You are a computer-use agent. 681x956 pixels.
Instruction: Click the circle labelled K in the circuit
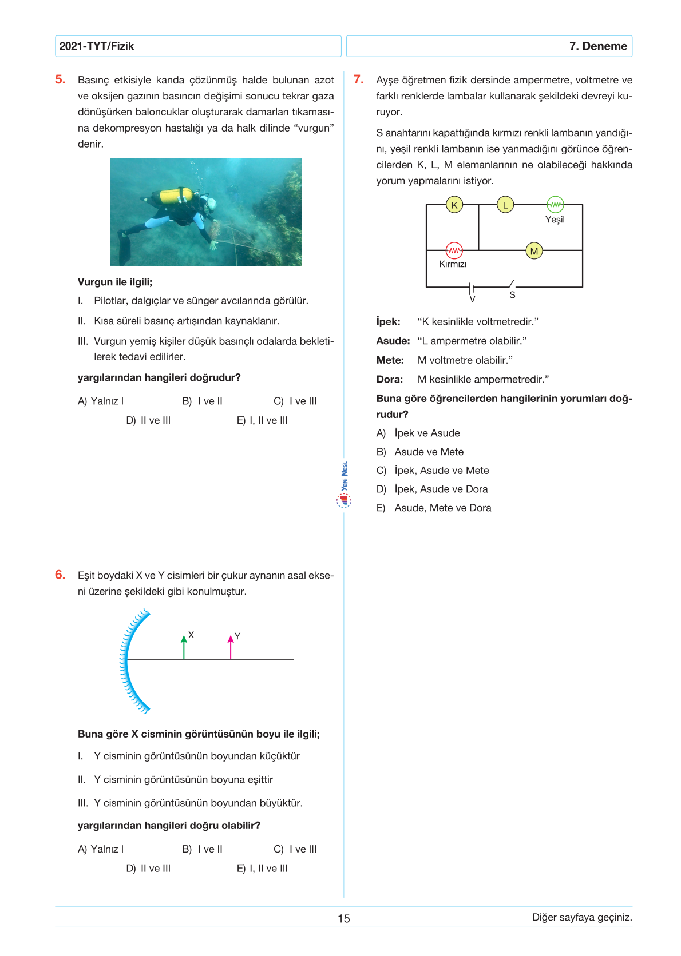(454, 205)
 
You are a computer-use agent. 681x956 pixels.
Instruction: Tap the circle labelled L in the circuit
(505, 204)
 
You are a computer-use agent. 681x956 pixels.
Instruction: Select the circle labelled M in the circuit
(534, 251)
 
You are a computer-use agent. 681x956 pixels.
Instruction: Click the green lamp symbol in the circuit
(555, 204)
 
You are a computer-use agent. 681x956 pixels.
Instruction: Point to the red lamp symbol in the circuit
(454, 250)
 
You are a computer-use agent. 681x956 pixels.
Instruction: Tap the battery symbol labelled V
(472, 288)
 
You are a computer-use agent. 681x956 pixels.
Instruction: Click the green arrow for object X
(184, 647)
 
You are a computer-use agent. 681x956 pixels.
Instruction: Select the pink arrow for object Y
(231, 647)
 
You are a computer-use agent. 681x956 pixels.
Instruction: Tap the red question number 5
(60, 80)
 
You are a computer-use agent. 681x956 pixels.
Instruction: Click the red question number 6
(60, 575)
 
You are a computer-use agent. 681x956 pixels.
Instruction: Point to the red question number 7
(359, 80)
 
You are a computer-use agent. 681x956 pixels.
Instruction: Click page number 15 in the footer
(343, 918)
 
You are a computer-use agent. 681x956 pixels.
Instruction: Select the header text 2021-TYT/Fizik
(97, 46)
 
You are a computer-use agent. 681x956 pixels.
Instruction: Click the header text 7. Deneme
(598, 46)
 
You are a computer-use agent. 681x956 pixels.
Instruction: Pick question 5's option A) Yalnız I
(101, 401)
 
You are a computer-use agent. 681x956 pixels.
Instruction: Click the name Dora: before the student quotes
(390, 379)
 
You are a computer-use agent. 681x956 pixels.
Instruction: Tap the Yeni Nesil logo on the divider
(344, 485)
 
